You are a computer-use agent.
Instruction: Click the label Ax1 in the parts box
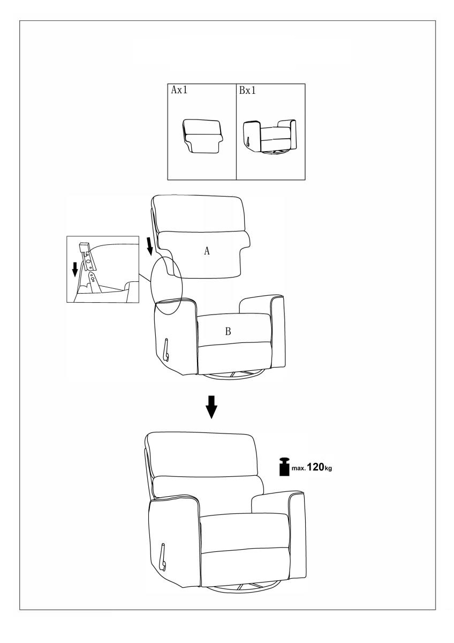179,90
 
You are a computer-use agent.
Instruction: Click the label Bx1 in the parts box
247,91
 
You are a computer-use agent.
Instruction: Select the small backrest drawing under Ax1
202,137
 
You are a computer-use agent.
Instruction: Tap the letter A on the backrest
207,251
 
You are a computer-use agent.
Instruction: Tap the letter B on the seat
228,332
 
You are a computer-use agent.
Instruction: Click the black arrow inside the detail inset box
75,270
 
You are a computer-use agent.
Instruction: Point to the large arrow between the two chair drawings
211,407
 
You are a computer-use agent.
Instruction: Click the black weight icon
284,468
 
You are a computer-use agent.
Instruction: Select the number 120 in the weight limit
315,467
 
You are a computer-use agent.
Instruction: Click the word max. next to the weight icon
298,468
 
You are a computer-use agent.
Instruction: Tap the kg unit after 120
328,468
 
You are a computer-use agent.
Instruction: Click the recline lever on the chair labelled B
167,349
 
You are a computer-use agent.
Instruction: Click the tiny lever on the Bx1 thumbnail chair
248,141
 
